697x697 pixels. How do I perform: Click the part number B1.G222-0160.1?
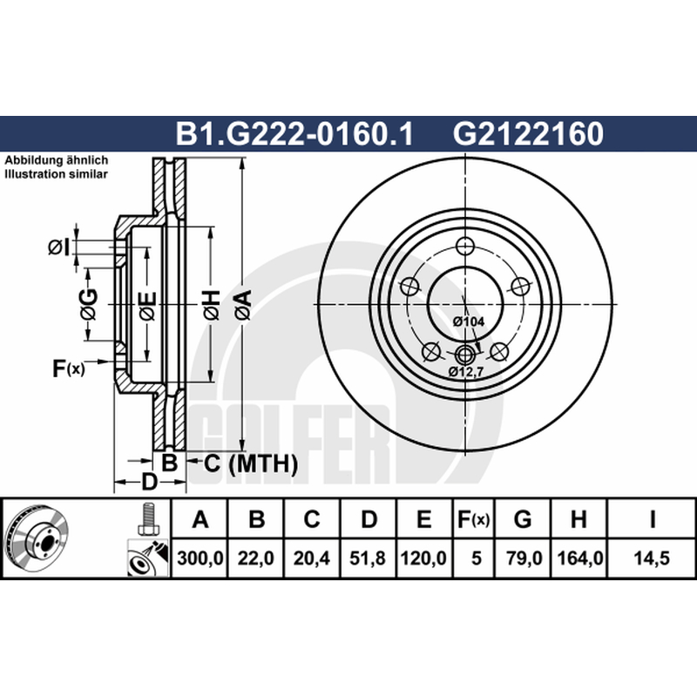click(294, 134)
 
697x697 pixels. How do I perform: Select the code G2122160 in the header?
click(528, 134)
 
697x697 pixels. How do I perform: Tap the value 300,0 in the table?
click(200, 558)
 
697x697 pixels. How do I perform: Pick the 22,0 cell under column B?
click(255, 558)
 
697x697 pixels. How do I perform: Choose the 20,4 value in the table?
click(312, 558)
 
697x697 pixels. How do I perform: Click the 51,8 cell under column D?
click(368, 558)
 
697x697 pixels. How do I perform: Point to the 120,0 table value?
click(423, 558)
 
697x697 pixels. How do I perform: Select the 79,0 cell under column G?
click(523, 558)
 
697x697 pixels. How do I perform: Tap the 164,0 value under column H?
click(579, 558)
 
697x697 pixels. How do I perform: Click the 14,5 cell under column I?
click(652, 558)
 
